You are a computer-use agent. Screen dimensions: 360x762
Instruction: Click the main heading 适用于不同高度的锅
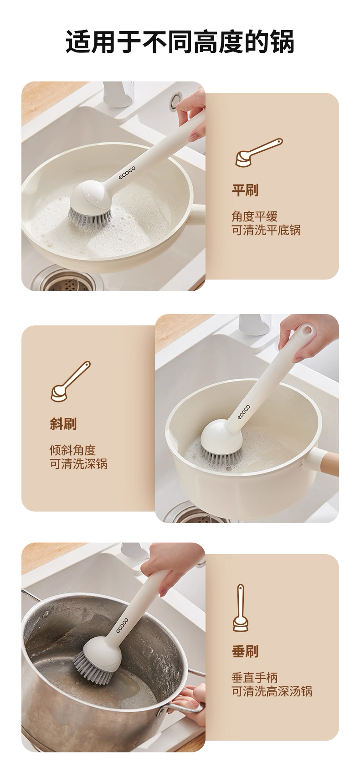180,42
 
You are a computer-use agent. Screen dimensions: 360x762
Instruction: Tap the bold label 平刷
245,190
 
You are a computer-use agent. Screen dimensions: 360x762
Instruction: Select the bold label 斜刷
63,424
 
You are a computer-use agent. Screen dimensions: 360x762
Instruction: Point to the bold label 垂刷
245,651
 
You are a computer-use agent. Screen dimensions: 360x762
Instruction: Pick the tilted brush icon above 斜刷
71,381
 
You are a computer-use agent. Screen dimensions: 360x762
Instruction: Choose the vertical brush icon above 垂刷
241,608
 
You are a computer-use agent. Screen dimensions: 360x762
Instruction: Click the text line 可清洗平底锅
267,230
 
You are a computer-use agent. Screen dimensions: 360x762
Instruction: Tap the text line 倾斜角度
73,450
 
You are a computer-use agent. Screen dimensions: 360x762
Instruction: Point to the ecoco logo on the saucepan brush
244,412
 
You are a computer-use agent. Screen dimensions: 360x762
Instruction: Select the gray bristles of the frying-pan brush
90,215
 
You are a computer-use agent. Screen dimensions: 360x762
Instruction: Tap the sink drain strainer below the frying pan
68,281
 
